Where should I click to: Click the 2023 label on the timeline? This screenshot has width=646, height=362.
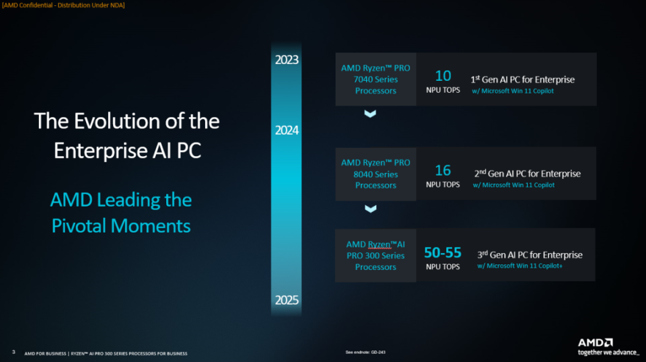click(x=287, y=60)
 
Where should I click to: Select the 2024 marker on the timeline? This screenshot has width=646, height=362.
click(x=287, y=131)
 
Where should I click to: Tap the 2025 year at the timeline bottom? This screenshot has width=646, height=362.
click(x=287, y=300)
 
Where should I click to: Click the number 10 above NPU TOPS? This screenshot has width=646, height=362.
click(x=443, y=76)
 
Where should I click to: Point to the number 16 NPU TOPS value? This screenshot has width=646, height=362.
click(x=443, y=170)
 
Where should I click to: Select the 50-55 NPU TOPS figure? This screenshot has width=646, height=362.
click(x=443, y=252)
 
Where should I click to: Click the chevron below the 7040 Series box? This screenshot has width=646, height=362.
click(x=370, y=114)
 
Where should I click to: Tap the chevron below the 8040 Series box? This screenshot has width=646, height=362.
click(x=370, y=209)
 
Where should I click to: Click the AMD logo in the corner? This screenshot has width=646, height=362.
click(x=596, y=342)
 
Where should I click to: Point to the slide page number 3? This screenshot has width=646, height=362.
click(x=13, y=352)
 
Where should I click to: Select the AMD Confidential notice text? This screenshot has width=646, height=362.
click(x=63, y=5)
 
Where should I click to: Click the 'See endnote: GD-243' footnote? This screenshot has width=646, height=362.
click(x=365, y=353)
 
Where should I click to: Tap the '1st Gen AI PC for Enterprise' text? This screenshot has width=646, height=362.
click(x=522, y=79)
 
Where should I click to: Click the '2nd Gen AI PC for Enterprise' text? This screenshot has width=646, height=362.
click(x=528, y=174)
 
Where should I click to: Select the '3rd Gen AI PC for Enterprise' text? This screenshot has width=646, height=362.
click(x=530, y=255)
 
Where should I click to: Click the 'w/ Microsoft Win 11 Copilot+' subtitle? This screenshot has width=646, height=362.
click(x=519, y=266)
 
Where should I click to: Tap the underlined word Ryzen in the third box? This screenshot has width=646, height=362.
click(x=380, y=245)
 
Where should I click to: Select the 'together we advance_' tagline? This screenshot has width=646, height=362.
click(x=608, y=353)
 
